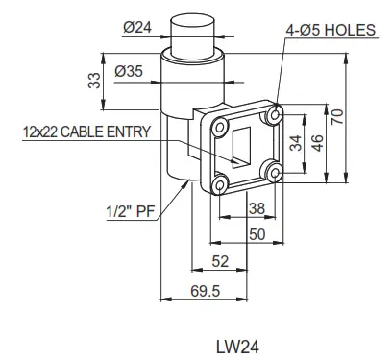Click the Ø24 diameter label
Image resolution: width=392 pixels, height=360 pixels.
[x=138, y=28]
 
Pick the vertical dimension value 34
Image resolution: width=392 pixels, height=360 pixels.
[x=296, y=145]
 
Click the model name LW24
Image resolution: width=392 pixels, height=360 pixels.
[x=233, y=343]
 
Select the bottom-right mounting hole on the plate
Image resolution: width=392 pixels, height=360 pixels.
[x=276, y=173]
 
